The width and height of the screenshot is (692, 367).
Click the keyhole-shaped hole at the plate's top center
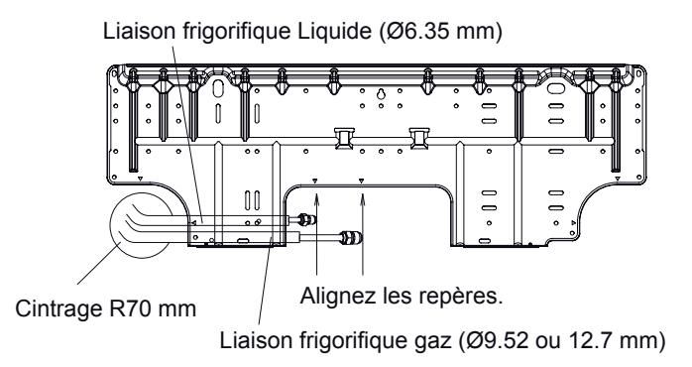pos(380,96)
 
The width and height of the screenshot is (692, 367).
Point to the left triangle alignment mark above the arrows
pos(314,182)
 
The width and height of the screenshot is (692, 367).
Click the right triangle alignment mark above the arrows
pos(362,182)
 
